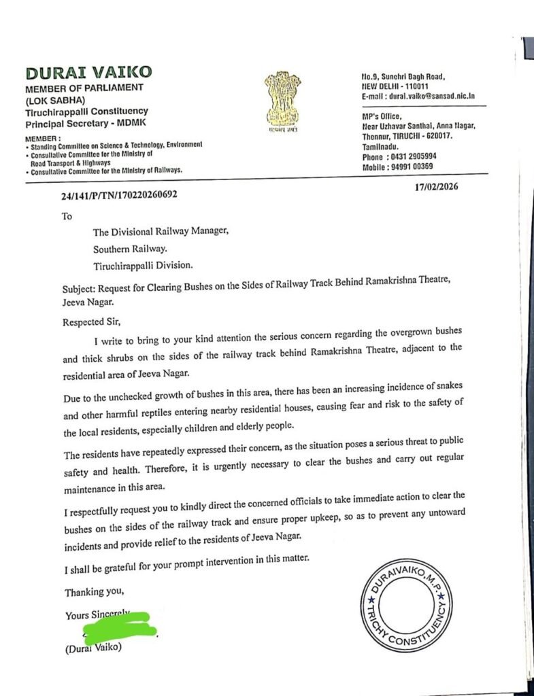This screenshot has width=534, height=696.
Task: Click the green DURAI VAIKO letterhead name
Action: (x=89, y=73)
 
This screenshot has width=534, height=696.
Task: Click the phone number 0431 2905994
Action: (x=414, y=156)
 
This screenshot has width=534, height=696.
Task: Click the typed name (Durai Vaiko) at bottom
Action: (x=95, y=649)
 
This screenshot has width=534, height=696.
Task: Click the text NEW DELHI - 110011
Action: (x=395, y=87)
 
